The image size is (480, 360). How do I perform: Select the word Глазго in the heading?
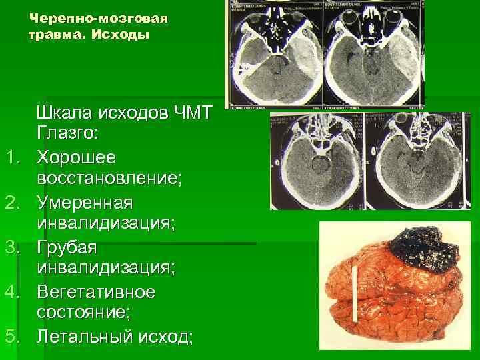(67, 134)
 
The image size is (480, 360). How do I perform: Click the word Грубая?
(67, 248)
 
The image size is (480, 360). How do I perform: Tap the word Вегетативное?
(96, 293)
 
